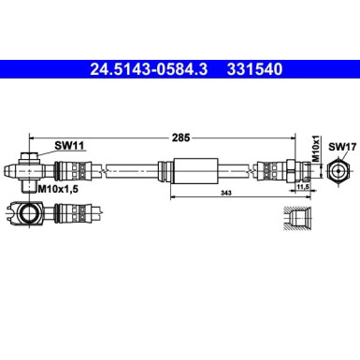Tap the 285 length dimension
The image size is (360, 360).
(180, 137)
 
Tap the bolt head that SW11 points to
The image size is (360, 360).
(29, 154)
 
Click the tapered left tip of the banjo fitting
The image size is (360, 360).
(9, 171)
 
